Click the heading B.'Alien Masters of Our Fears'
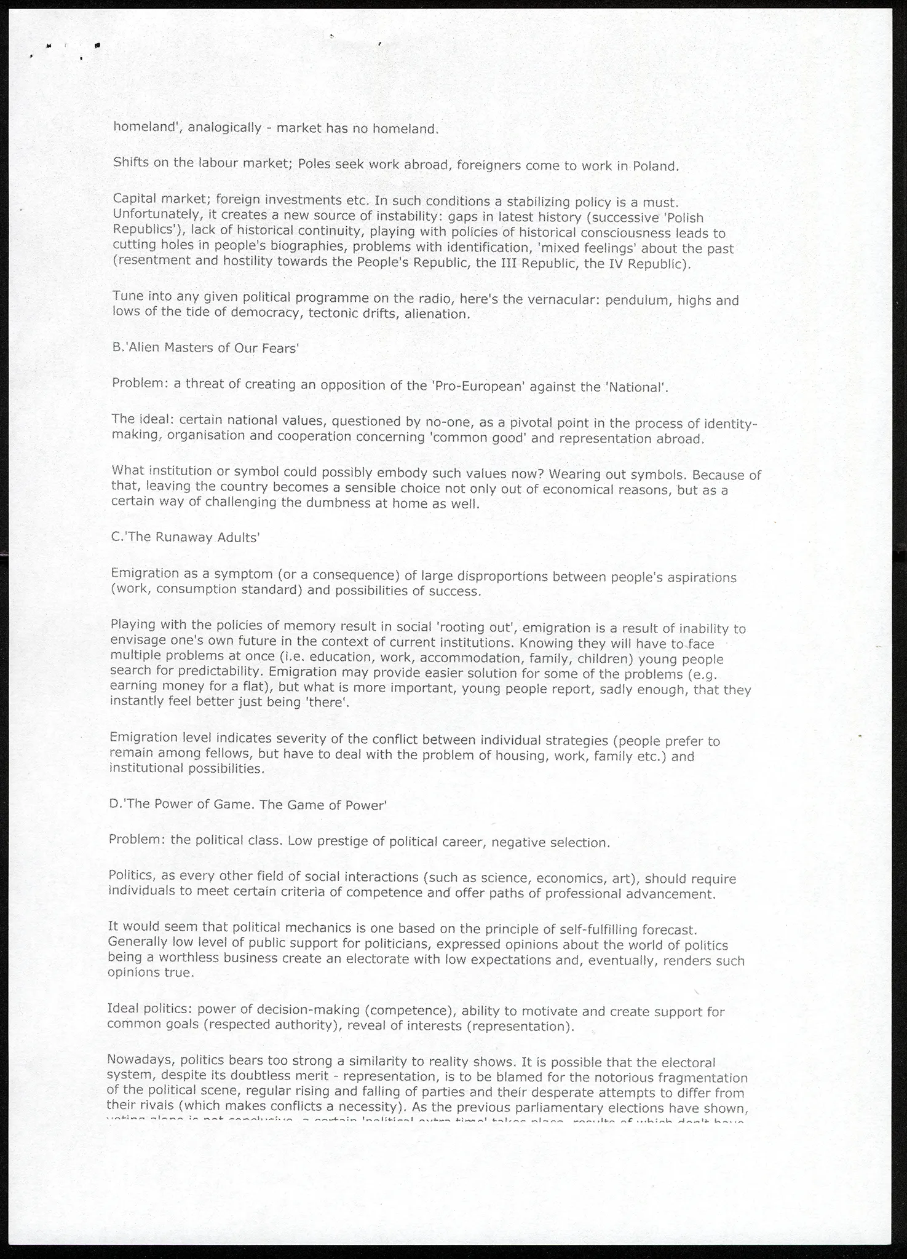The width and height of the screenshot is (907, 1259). point(205,348)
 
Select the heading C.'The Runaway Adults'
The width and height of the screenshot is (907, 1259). point(186,537)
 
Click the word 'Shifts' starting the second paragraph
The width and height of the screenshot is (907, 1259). point(129,163)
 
